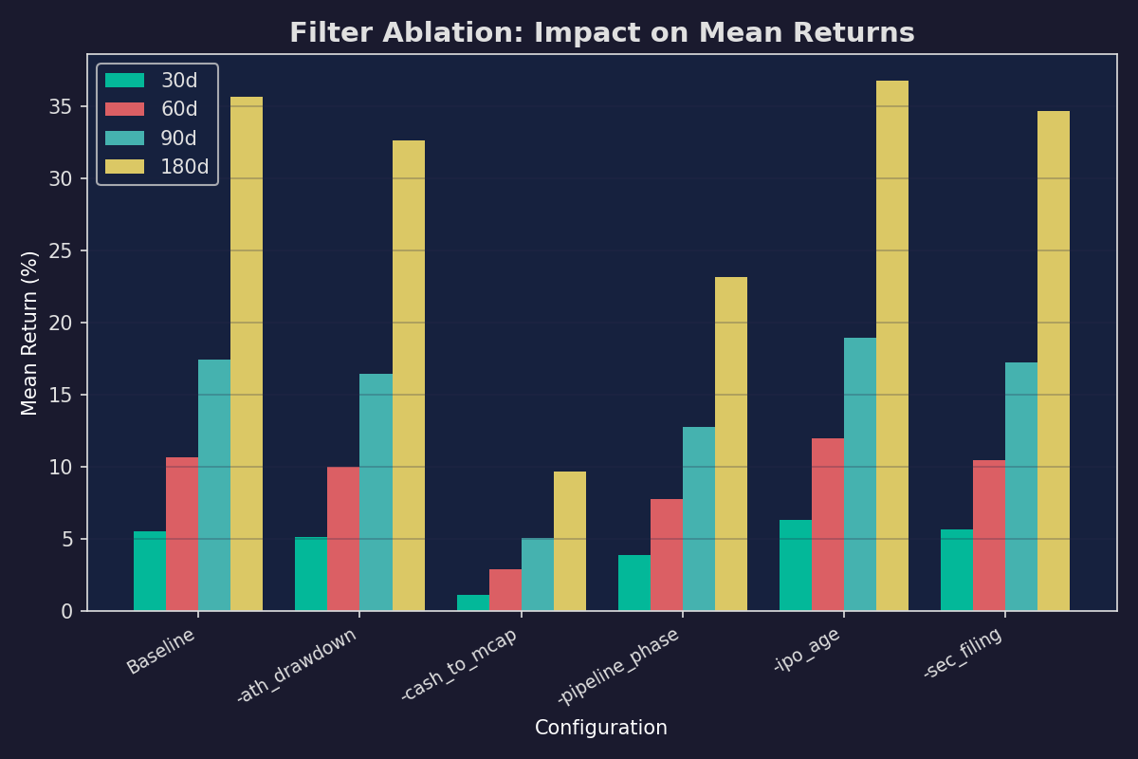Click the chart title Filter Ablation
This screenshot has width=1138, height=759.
coord(601,33)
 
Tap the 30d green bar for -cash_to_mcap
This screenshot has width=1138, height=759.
coord(473,602)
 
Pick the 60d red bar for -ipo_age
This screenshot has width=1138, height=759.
coord(828,525)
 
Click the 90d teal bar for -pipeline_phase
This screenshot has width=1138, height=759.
coord(699,519)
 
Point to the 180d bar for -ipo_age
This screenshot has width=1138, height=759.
coord(892,345)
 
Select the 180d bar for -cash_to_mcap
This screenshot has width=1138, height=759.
coord(570,541)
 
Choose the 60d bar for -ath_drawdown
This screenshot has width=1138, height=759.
coord(343,539)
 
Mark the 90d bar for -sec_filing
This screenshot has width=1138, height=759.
coord(1021,487)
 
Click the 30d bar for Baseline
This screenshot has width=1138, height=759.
coord(150,571)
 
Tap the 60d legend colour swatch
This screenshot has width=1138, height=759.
coord(124,109)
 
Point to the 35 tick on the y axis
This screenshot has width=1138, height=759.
coord(61,106)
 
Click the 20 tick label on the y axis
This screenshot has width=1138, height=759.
coord(61,323)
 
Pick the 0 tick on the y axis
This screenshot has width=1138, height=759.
coord(66,611)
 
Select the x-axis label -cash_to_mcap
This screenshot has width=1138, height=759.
coord(459,664)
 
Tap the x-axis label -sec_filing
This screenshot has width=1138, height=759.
coord(963,653)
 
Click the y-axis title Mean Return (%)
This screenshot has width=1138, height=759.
coord(30,333)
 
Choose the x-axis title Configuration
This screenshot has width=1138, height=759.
coord(601,728)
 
